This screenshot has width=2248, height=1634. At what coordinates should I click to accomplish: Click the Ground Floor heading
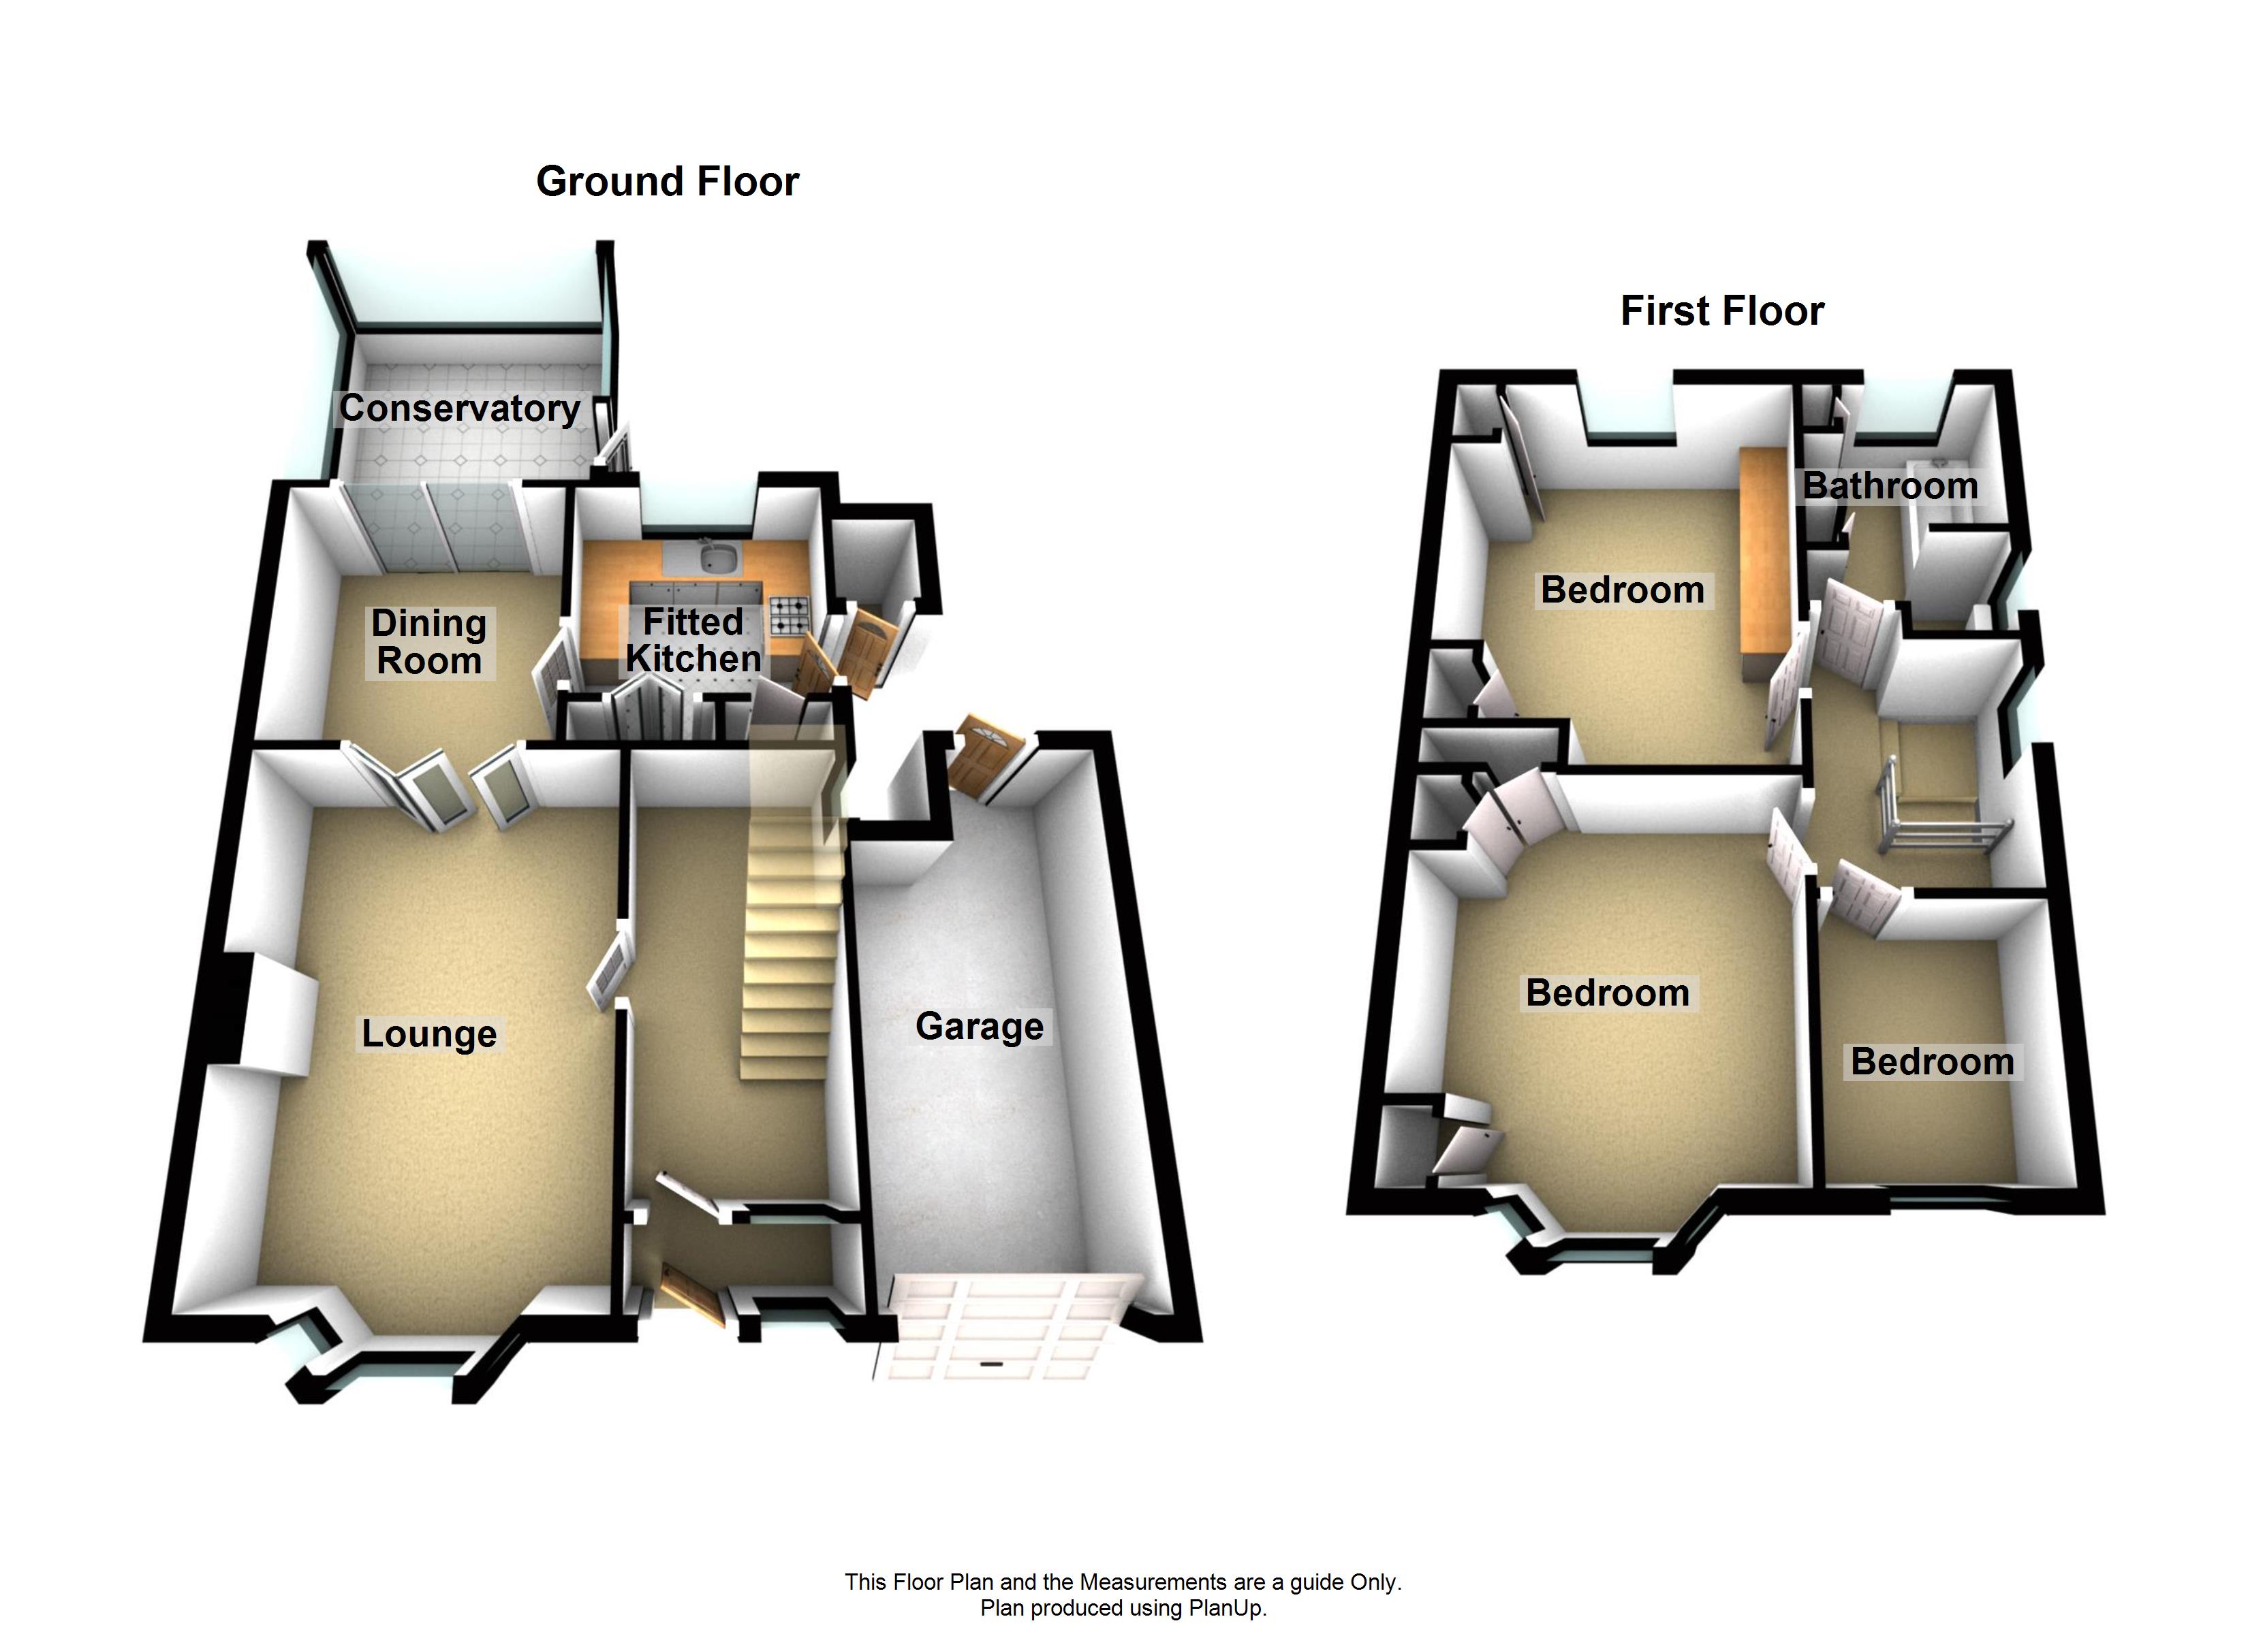667,181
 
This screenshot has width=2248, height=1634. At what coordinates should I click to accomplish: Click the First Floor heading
1721,311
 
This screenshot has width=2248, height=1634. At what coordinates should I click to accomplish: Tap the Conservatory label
460,408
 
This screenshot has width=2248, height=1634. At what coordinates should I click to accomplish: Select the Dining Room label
429,642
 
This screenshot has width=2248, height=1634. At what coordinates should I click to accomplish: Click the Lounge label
429,1034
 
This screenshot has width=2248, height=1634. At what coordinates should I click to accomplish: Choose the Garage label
980,1027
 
